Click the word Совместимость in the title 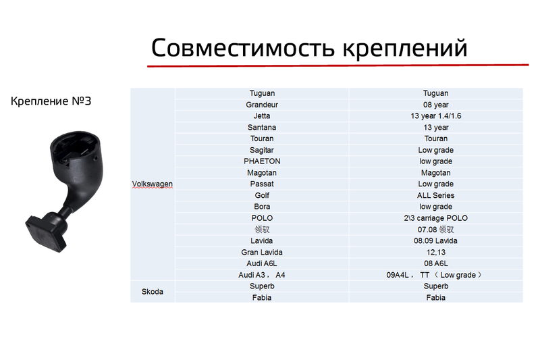coord(243,47)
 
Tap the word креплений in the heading coord(405,49)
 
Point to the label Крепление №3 coord(51,101)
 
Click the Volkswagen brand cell coord(153,184)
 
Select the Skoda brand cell coord(153,292)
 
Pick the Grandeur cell coord(262,105)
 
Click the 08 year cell coord(435,105)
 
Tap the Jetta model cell coord(262,116)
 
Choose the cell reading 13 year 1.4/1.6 coord(435,116)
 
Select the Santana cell coord(262,128)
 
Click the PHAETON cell coord(262,161)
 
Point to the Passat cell coord(262,184)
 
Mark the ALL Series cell coord(435,195)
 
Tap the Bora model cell coord(262,207)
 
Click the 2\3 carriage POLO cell coord(435,218)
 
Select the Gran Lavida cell coord(262,252)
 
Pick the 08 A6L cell coord(435,263)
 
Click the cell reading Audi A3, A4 coord(262,275)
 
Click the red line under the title coord(338,65)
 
